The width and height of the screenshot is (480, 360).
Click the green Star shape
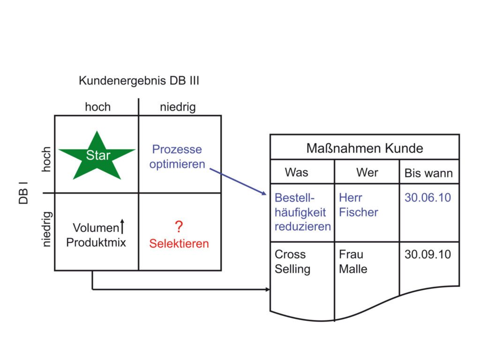point(97,156)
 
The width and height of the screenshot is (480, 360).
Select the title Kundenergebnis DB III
point(139,81)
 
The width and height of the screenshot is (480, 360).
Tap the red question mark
point(179,227)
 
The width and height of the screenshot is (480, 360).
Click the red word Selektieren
point(179,244)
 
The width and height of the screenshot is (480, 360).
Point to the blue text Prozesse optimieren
point(177,157)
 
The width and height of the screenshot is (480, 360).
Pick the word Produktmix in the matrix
point(96,243)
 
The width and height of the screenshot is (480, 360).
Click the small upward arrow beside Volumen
point(122,227)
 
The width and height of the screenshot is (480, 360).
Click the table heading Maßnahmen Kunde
point(364,149)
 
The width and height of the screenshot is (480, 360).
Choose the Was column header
point(296,172)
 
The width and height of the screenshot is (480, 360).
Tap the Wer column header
point(367,172)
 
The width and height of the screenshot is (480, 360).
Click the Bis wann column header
point(428,173)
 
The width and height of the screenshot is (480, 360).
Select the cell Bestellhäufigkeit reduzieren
point(302,212)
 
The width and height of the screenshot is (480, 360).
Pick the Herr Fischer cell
point(358,205)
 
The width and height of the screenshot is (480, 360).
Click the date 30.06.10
point(427,197)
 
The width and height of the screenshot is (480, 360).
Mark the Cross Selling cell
point(292,262)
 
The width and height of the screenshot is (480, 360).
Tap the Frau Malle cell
point(353,262)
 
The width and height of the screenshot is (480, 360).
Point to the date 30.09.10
point(427,255)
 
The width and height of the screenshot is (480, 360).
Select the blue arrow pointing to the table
point(237,181)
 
